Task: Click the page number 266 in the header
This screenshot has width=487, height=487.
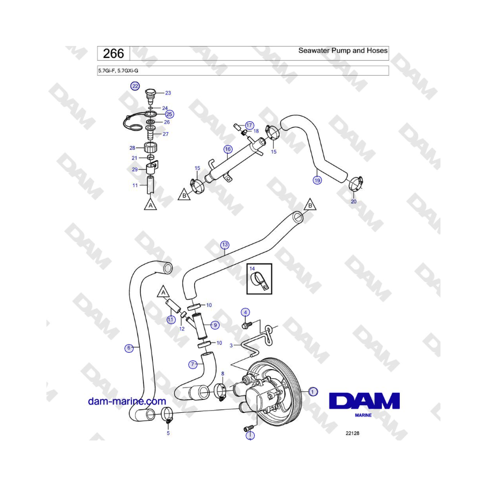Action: coord(114,54)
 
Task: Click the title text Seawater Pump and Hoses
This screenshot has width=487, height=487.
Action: coord(343,50)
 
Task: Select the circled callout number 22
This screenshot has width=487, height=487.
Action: coord(135,86)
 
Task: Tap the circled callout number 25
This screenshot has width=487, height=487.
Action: coord(169,114)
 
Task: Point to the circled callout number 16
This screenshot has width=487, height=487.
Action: coord(228,149)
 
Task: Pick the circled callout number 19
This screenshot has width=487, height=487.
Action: coord(317,180)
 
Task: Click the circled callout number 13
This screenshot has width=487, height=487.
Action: coord(225,245)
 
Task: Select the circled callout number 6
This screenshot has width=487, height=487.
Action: coord(129,348)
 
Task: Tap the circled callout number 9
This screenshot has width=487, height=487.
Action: coord(215,325)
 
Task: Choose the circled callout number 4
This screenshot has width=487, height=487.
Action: coord(246,312)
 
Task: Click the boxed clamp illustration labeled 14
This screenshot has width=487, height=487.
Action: coord(259,279)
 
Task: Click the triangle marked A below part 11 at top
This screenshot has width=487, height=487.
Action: coord(150,205)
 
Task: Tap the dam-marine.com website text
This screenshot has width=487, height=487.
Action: coord(127,402)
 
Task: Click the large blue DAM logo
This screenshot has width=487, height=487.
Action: coord(364,401)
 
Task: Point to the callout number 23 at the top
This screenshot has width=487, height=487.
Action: coord(168,93)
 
